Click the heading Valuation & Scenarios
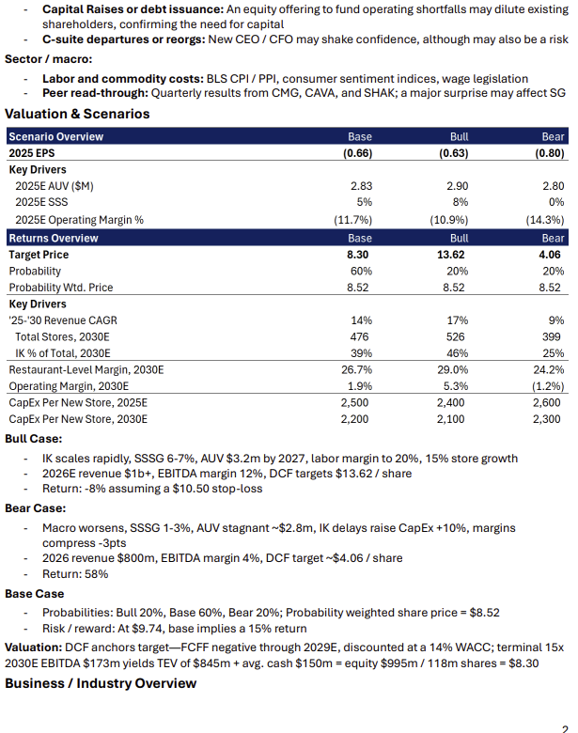point(77,115)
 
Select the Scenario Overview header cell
point(56,137)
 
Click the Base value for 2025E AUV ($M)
point(361,187)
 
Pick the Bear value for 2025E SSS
point(555,203)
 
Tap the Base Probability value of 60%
point(360,272)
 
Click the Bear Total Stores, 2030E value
point(553,336)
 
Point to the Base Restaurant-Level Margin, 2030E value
point(356,370)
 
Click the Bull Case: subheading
point(34,439)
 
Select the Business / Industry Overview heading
point(101,683)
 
